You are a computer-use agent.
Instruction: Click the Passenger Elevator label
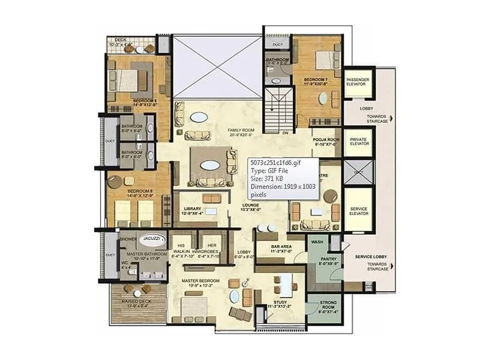(x=358, y=81)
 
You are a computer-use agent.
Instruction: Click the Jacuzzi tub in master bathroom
(x=151, y=238)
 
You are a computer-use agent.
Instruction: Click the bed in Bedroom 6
(x=128, y=79)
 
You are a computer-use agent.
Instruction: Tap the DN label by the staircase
(x=286, y=133)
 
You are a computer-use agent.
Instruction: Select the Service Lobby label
(x=370, y=257)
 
